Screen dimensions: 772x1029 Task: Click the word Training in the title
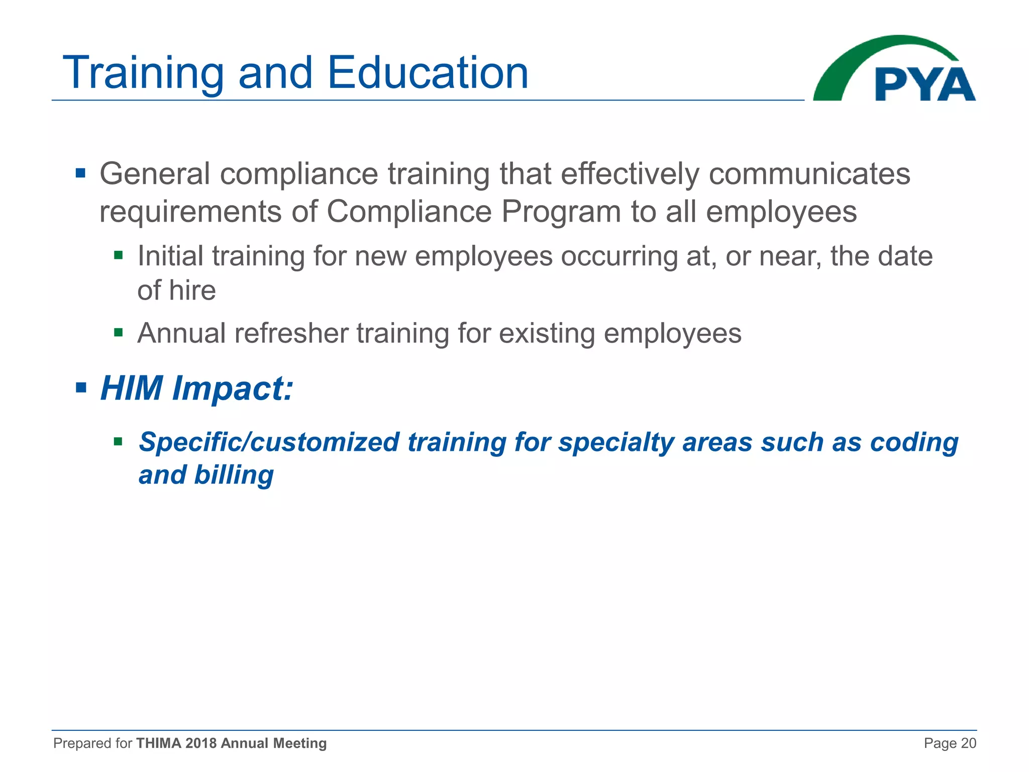[143, 73]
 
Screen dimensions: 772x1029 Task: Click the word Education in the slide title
[428, 73]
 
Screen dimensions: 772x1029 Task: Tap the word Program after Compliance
[561, 212]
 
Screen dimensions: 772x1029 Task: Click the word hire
[192, 291]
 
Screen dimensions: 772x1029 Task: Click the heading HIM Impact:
[196, 389]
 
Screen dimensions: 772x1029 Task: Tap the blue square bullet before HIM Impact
[81, 388]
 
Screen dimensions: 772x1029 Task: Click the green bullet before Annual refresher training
[119, 332]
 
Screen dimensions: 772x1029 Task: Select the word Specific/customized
[269, 442]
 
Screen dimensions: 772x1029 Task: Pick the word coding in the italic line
[914, 442]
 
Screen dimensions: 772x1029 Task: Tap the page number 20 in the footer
[968, 743]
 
